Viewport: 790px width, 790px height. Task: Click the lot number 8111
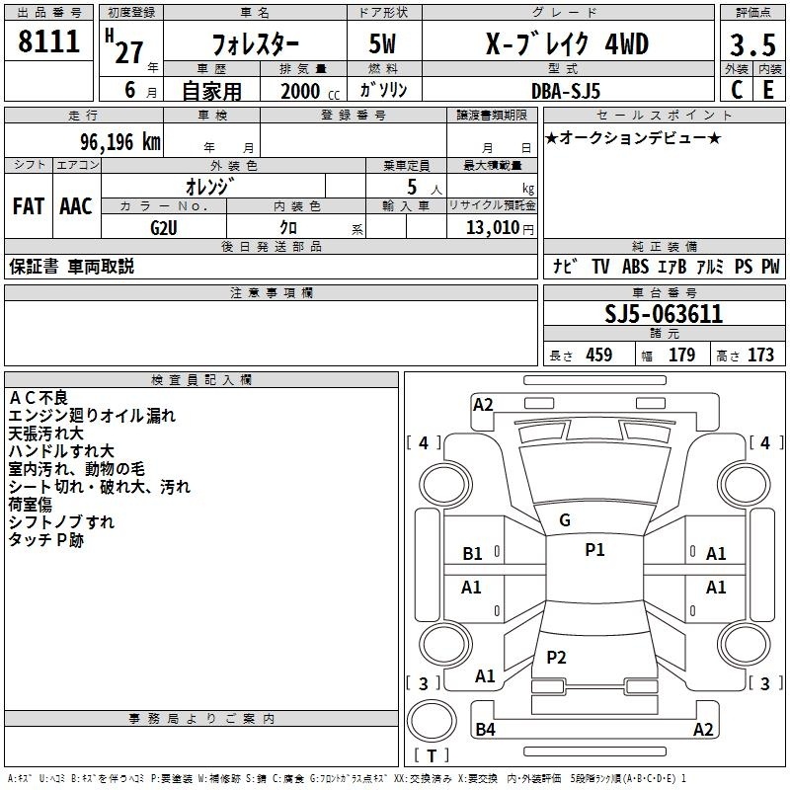pos(48,41)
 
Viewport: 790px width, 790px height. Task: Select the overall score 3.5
pos(752,44)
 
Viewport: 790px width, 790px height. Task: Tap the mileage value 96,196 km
pos(120,142)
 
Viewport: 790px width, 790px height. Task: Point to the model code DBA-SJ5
pos(566,91)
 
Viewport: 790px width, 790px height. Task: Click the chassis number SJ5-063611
pos(664,314)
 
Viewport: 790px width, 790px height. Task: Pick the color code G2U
pos(164,228)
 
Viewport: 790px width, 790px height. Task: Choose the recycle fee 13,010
pos(493,227)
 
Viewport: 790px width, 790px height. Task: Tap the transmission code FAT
pos(29,206)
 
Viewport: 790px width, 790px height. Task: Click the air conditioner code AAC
pos(76,206)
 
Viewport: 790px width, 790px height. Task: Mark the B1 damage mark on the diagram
pos(472,554)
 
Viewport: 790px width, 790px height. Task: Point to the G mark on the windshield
pos(565,520)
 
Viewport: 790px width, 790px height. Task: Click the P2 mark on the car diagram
pos(556,657)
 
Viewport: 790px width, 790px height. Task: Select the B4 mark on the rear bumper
pos(485,729)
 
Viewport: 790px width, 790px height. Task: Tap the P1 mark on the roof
pos(594,549)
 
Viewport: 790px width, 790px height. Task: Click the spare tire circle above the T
pos(432,721)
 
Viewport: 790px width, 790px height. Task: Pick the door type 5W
pos(382,43)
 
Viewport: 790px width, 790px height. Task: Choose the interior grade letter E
pos(768,90)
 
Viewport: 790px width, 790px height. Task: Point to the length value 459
pos(599,355)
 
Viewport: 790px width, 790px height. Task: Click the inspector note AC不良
pos(39,398)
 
